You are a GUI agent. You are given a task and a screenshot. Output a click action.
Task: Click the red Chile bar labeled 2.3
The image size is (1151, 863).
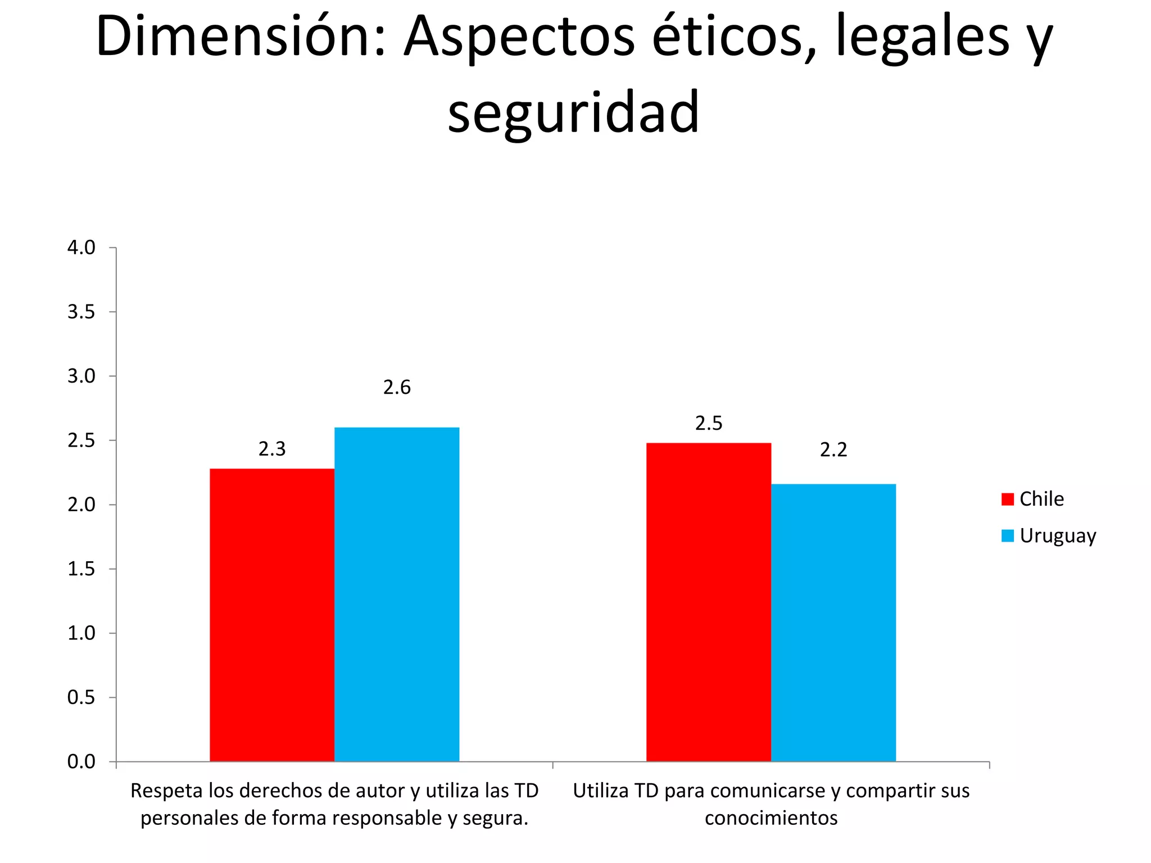click(272, 615)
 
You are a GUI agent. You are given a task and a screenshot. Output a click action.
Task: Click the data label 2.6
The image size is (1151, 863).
click(397, 388)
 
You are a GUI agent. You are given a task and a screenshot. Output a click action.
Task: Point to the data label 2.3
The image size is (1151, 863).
click(272, 449)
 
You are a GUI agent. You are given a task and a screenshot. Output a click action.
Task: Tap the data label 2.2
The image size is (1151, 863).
click(833, 450)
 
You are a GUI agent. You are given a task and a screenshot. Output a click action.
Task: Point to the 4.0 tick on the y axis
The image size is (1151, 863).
click(81, 248)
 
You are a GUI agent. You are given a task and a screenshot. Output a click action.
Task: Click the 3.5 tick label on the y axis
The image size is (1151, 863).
click(81, 312)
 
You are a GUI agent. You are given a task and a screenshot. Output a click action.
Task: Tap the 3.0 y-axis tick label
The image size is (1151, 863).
click(81, 376)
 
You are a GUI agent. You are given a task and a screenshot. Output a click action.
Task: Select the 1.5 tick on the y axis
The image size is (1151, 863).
click(81, 569)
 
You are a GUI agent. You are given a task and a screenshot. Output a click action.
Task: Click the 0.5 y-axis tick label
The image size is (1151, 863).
click(81, 698)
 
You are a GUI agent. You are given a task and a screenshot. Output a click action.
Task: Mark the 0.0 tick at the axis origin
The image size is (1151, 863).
click(81, 762)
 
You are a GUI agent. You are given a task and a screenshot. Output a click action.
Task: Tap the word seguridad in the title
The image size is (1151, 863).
click(573, 112)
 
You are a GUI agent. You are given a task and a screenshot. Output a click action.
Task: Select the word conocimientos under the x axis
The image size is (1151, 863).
click(771, 818)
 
